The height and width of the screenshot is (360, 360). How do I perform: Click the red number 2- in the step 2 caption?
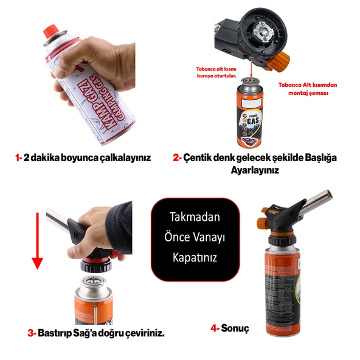(177, 157)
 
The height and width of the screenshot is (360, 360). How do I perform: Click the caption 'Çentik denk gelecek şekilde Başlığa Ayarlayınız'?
(261, 164)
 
